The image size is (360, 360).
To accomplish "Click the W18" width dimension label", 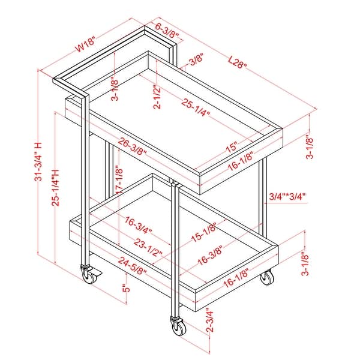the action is coord(85,44).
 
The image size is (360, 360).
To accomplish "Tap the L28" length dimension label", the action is coord(238,62).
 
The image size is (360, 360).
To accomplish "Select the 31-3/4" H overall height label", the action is coord(38,161).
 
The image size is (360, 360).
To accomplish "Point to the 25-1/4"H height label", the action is coord(56,188).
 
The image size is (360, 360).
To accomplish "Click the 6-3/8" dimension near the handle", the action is coord(167,31).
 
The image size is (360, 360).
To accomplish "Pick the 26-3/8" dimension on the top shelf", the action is coord(133,147).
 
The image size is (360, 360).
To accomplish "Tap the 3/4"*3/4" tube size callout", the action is coord(287,197).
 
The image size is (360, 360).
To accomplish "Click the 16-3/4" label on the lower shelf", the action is coord(139,225).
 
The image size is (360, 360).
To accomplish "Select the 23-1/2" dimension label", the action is coord(148,247).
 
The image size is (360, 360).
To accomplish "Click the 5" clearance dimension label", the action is coord(126,288).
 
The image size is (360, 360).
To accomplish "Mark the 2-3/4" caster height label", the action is coord(209,320).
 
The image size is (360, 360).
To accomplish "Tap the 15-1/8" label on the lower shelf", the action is coord(204,232).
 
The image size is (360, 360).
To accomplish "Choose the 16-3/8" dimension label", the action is coord(211,256).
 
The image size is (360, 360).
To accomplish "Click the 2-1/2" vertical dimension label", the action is coord(157,97).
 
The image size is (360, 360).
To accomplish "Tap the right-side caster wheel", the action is coord(267,277).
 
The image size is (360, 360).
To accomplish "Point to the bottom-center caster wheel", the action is coord(178,326).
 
